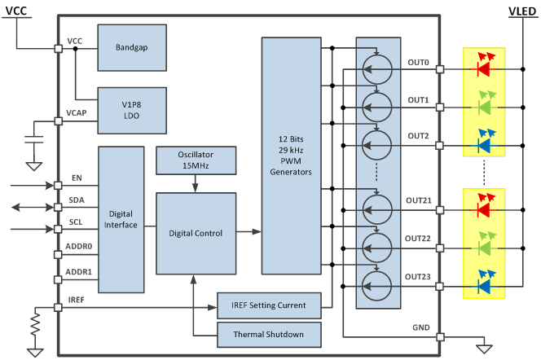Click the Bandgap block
point(132,47)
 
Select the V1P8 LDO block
point(132,109)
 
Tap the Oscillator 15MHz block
point(196,160)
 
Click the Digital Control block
point(196,233)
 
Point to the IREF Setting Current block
point(268,305)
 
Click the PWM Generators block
point(291,155)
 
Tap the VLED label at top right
point(521,11)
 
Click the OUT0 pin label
point(419,61)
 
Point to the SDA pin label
point(77,200)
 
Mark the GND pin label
point(421,327)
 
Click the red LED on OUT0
point(484,69)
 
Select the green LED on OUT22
point(484,247)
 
